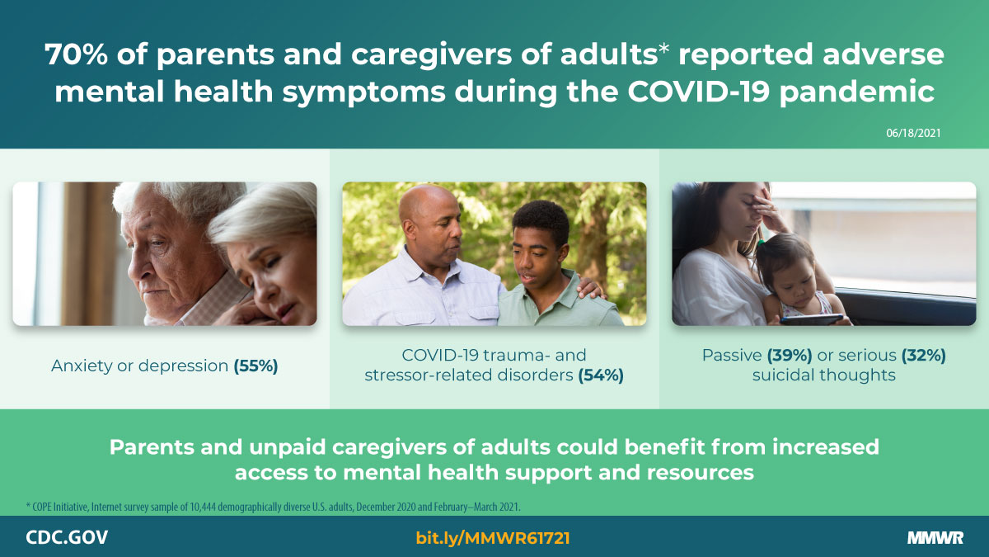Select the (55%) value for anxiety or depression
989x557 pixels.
[255, 366]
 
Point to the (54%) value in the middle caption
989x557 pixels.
[600, 375]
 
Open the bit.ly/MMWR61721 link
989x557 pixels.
[493, 538]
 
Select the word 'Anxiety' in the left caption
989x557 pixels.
[79, 366]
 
